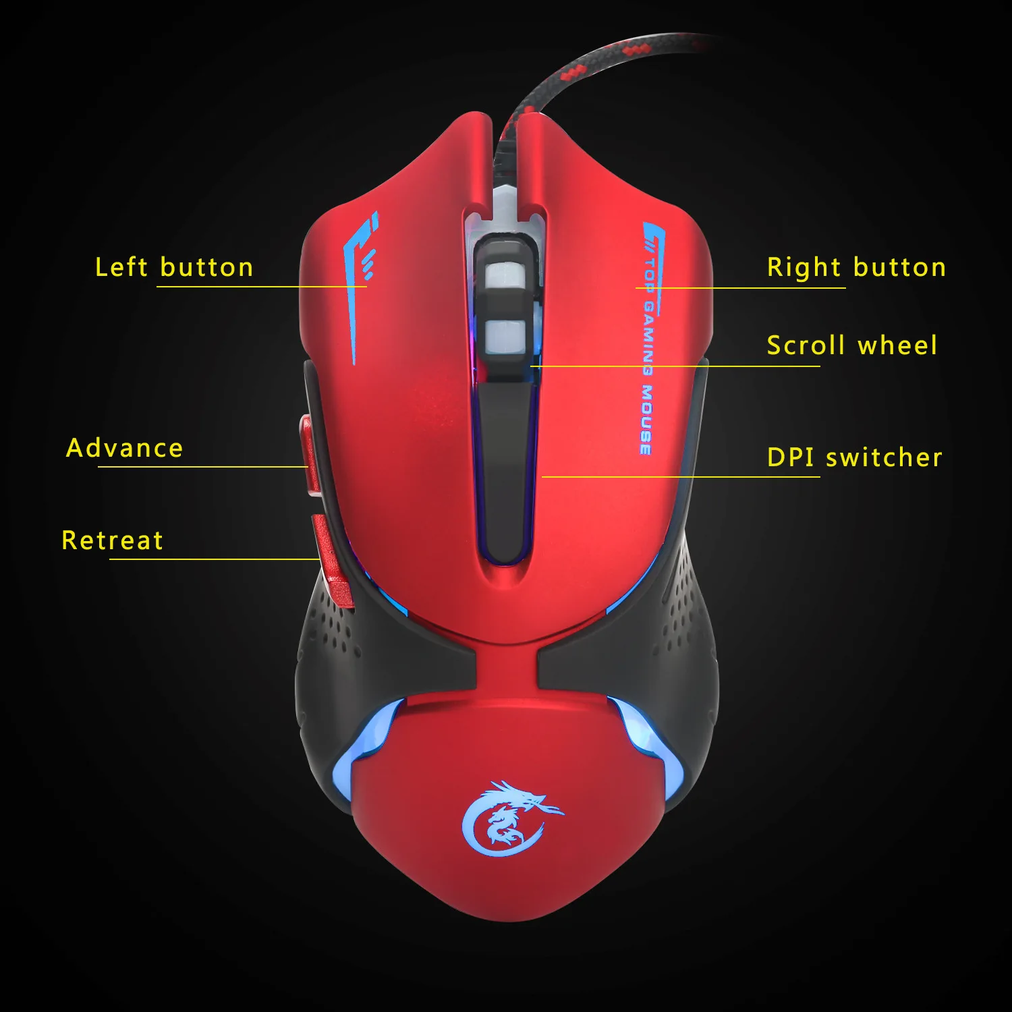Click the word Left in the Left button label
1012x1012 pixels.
[x=121, y=267]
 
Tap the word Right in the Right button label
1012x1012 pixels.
[x=804, y=268]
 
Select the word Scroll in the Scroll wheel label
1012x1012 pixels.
[x=806, y=345]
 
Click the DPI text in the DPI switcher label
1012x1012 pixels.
[x=790, y=457]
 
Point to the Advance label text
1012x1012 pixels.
[x=125, y=448]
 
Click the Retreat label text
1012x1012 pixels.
[x=113, y=540]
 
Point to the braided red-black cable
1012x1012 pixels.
[x=573, y=74]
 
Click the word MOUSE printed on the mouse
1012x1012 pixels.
[x=646, y=420]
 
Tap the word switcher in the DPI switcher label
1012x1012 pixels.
[x=884, y=457]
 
